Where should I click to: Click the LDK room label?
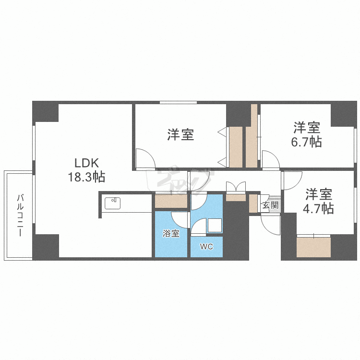(86, 163)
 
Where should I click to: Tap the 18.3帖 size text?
(86, 177)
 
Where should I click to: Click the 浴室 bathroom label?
(171, 234)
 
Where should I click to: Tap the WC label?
(206, 247)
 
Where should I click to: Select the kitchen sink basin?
(112, 203)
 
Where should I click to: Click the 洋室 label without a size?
(180, 135)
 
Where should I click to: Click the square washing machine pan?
(215, 226)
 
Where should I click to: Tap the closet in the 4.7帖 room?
(313, 247)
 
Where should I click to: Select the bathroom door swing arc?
(180, 219)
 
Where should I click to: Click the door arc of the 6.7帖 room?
(270, 160)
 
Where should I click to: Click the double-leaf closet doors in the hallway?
(236, 187)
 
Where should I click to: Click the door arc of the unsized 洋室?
(144, 158)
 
